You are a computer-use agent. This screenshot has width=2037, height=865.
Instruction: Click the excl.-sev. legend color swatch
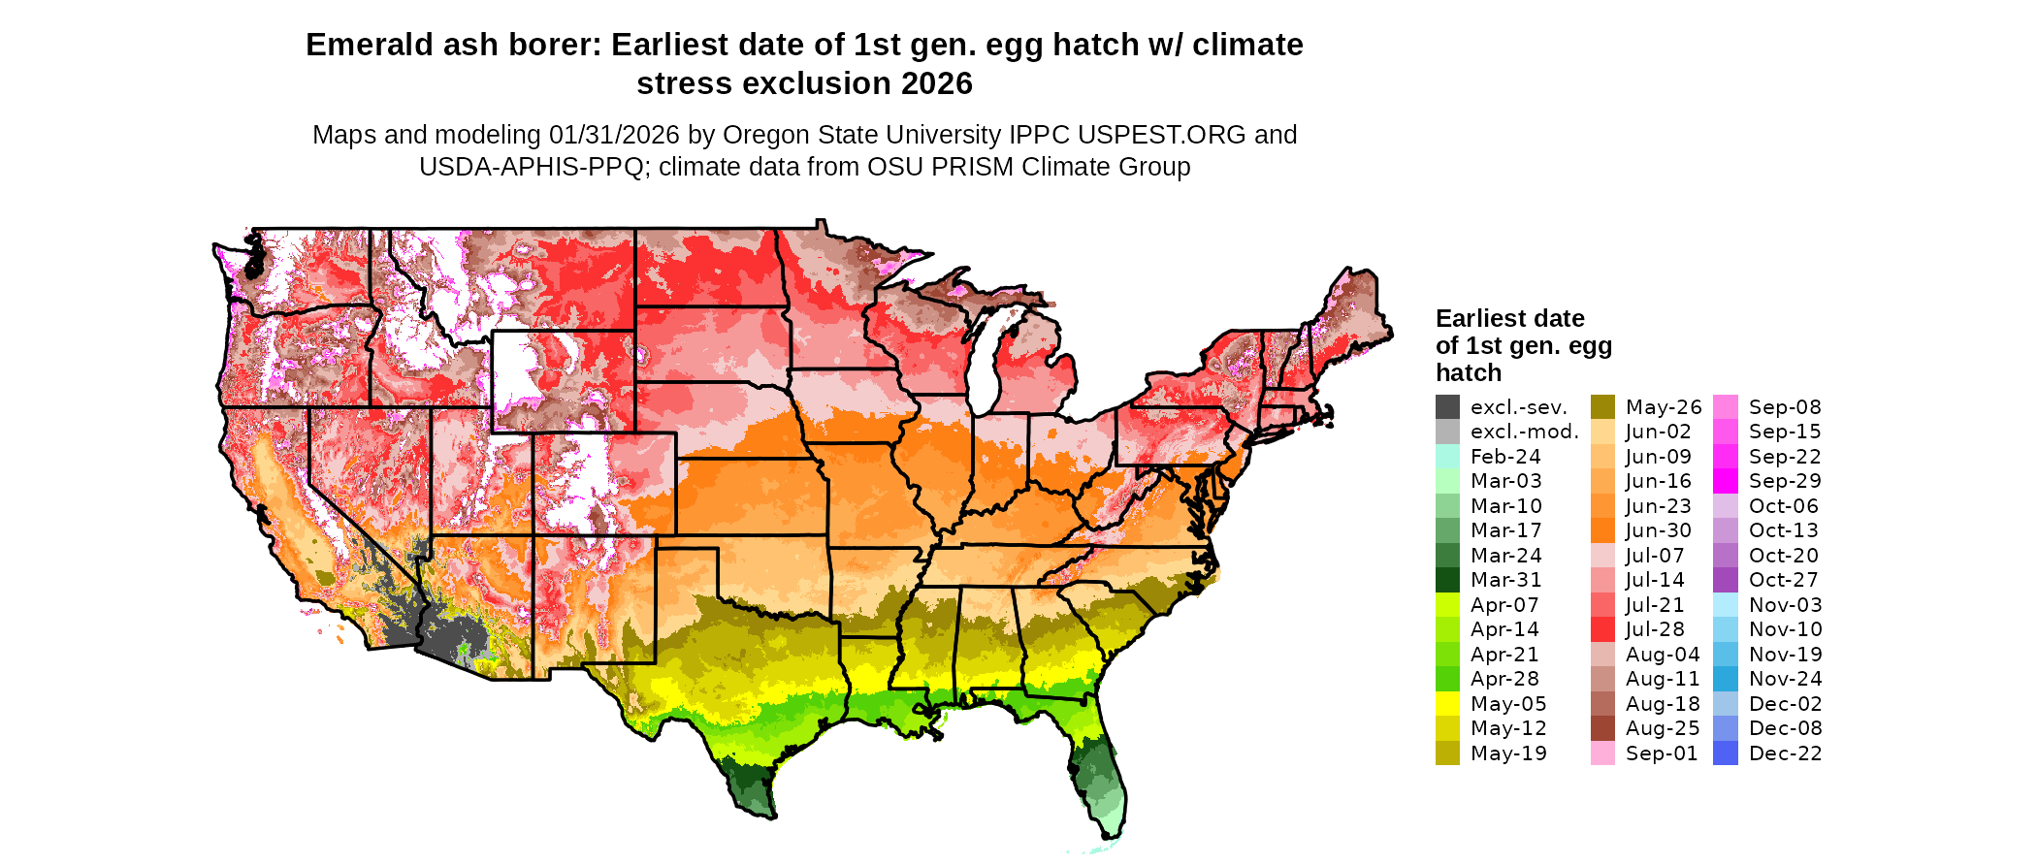(1447, 407)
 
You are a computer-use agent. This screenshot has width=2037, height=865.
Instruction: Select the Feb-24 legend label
(1505, 457)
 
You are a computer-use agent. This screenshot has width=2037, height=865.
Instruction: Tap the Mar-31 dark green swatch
(1447, 580)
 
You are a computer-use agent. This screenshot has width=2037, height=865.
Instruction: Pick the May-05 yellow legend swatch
(1447, 704)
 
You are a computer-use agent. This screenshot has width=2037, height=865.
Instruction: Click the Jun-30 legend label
(1658, 530)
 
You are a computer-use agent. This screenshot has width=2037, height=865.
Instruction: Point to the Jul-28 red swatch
(1602, 629)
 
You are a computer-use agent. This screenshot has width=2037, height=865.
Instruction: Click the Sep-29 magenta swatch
(1726, 481)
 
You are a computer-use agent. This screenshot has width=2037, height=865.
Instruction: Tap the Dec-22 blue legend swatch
(1726, 753)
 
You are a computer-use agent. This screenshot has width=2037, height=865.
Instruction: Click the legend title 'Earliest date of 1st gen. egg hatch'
(1523, 345)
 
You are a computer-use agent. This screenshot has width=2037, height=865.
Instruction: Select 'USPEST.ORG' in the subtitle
(1162, 135)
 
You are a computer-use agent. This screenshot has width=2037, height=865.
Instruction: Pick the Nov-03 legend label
(1785, 605)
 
